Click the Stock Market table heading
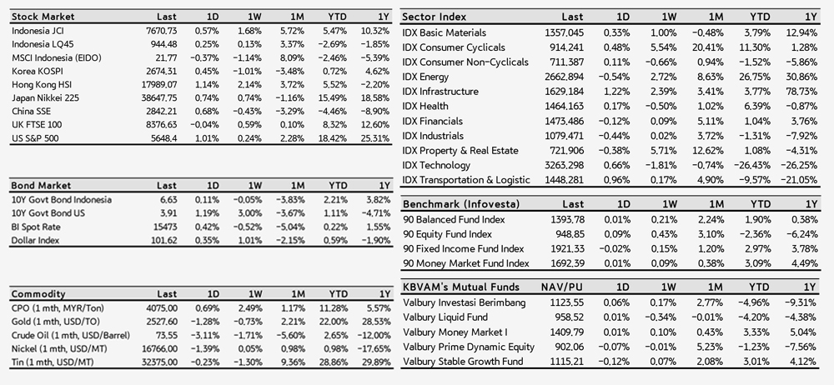[43, 17]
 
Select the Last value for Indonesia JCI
[161, 31]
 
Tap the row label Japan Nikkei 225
[45, 97]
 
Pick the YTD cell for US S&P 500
[334, 138]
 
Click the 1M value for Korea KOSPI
[292, 72]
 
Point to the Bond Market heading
[41, 186]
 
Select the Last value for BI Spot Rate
[166, 227]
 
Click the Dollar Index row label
[35, 240]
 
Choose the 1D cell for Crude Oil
[207, 336]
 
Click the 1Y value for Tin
[377, 362]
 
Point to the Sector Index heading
[435, 17]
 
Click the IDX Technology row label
[437, 165]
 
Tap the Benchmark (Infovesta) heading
[461, 204]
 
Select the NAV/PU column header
[562, 287]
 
